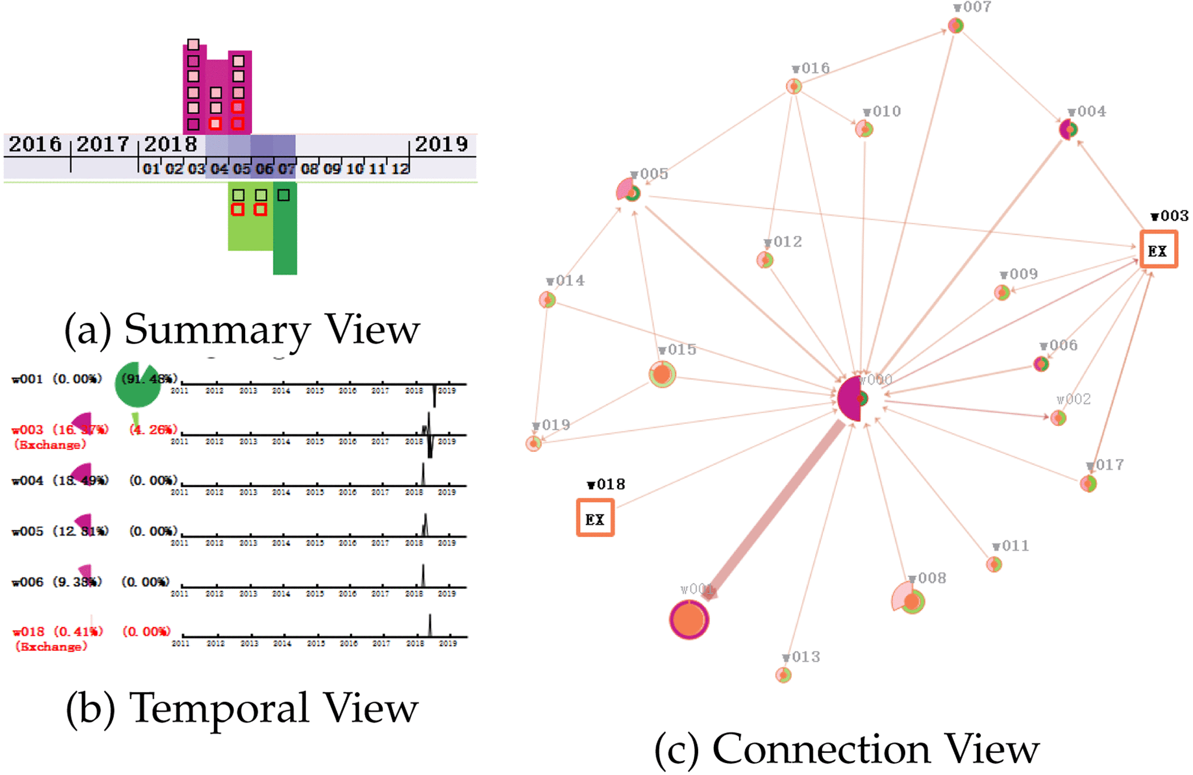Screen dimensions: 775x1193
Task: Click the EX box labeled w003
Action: point(1158,249)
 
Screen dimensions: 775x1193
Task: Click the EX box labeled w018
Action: point(595,518)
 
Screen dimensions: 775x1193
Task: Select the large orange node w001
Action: point(689,619)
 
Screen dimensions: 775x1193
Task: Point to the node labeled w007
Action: point(956,26)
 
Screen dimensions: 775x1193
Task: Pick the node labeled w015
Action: point(662,374)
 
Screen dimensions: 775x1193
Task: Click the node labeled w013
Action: point(784,675)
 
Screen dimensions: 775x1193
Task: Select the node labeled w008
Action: point(912,601)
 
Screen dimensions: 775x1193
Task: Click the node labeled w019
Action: point(534,443)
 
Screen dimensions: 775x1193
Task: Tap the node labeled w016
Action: point(794,86)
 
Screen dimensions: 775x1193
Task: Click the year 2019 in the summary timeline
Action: point(441,144)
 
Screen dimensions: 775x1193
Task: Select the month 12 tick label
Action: point(400,169)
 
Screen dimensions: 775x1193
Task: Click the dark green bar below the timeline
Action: point(285,228)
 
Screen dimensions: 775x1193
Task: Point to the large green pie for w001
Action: point(137,384)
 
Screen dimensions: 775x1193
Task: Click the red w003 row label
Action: point(27,430)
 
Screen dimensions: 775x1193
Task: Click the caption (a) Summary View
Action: point(242,329)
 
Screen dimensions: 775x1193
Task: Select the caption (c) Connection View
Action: point(846,749)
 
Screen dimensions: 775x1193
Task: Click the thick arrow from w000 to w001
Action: point(776,508)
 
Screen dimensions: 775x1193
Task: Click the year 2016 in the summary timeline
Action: point(35,144)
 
